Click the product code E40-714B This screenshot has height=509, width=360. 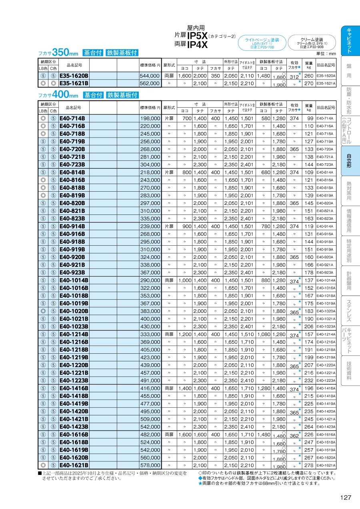72,118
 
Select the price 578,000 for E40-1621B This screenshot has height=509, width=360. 150,465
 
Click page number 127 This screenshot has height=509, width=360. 346,497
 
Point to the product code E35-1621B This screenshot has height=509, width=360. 74,83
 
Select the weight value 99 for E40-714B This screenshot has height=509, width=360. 310,118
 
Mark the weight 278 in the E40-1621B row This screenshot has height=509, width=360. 309,465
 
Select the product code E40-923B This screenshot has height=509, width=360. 72,273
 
